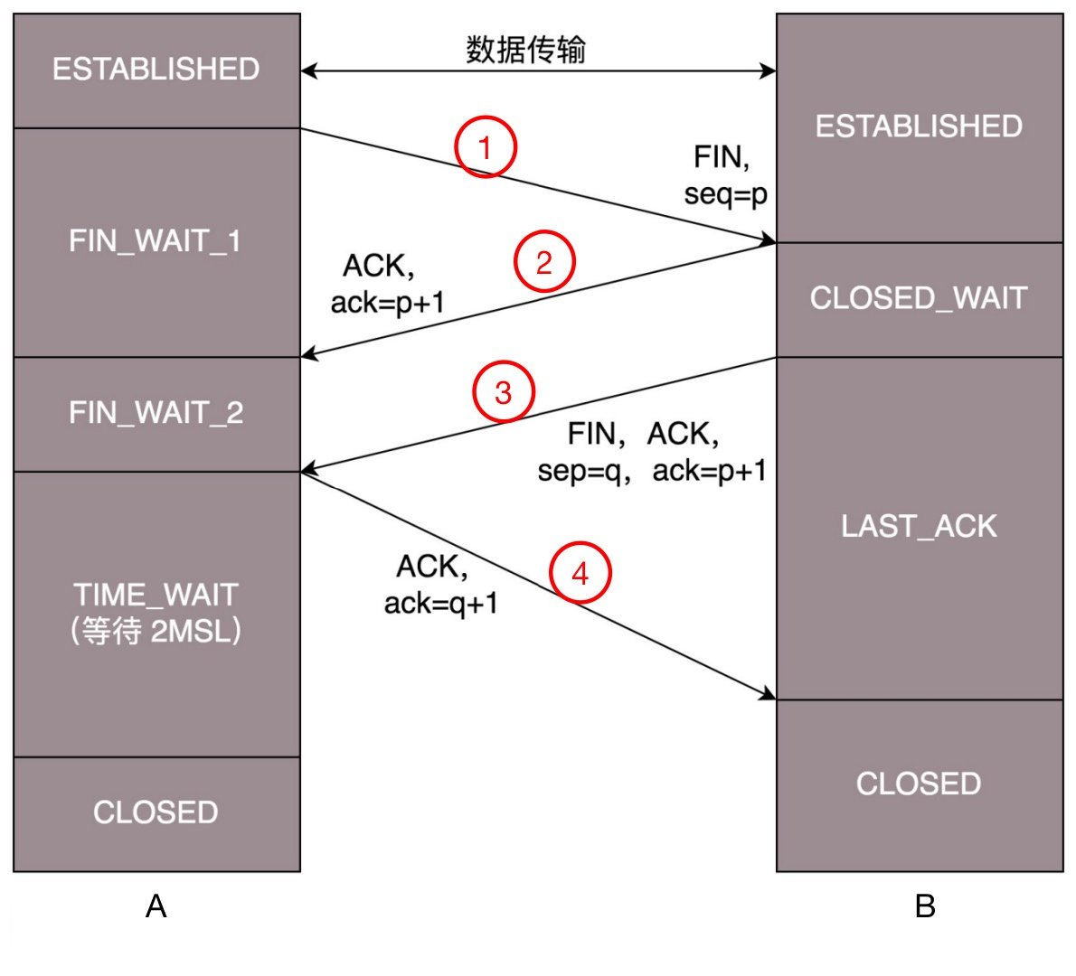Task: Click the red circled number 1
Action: point(486,146)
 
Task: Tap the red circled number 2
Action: point(544,262)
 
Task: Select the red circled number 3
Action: point(504,392)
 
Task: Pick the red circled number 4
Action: point(580,573)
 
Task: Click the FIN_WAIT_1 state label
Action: point(156,241)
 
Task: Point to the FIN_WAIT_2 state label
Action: point(156,413)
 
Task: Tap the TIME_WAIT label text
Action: point(156,594)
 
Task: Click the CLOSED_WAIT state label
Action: point(919,298)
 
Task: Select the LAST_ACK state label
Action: point(919,526)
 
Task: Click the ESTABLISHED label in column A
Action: point(156,69)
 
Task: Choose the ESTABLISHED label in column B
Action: point(919,127)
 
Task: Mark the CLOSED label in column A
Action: point(156,812)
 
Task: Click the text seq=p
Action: point(725,194)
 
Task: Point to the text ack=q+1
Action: point(441,603)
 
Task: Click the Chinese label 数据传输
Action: point(526,49)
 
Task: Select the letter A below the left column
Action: point(156,906)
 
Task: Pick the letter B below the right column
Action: point(925,906)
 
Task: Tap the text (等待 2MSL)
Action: point(156,631)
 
